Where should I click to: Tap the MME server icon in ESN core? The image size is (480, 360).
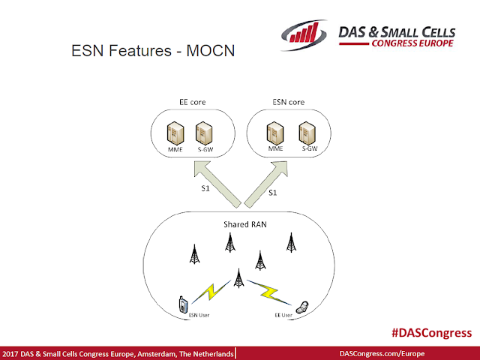pos(274,135)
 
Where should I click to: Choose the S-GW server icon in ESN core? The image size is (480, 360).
pos(305,135)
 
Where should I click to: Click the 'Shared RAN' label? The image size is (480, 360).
pos(241,224)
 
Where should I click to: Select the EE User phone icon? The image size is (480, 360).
pos(301,305)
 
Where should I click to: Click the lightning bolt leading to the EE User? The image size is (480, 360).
pos(270,290)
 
